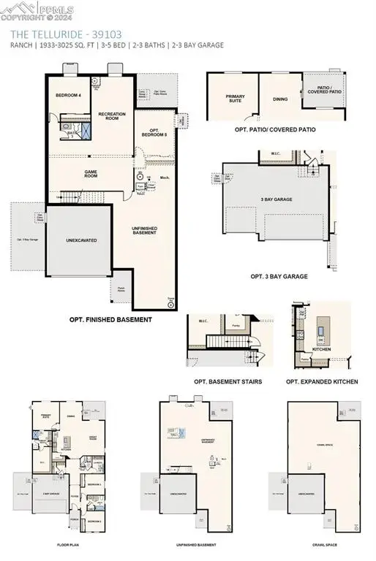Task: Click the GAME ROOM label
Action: tap(91, 174)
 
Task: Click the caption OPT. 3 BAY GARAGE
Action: tap(279, 277)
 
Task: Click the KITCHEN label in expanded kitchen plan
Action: tap(322, 349)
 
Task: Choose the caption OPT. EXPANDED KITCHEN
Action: tap(322, 381)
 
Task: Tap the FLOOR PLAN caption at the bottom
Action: tap(67, 545)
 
